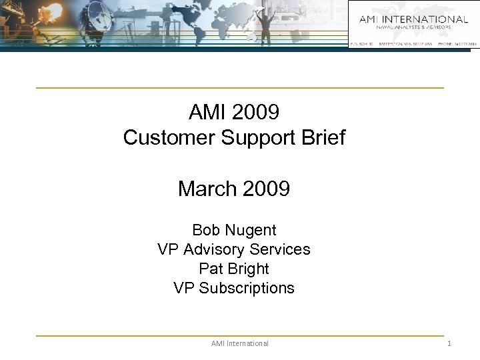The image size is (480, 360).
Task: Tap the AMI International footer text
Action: (x=239, y=343)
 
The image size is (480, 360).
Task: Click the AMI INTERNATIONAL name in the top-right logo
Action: (x=413, y=19)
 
